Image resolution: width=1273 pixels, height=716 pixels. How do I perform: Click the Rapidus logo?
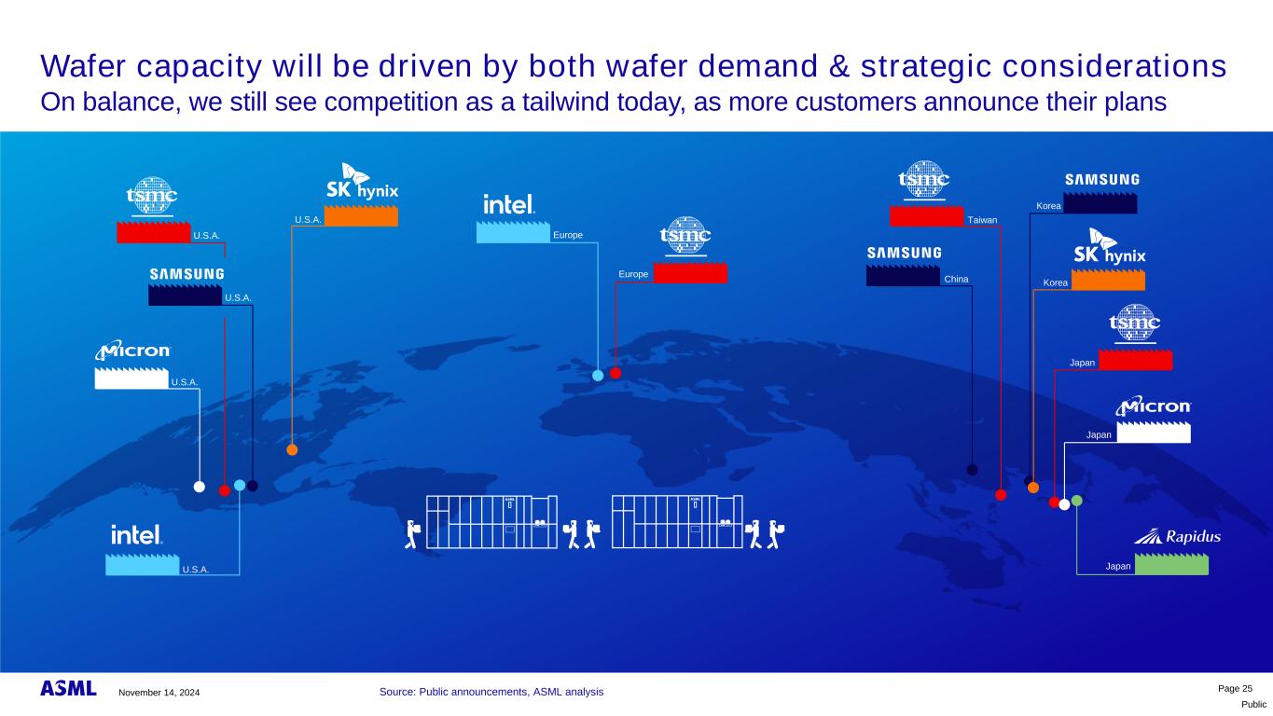coord(1177,536)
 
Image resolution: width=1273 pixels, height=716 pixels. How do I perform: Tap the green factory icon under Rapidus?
coord(1171,564)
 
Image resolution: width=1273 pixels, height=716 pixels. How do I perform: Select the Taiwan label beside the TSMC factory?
coord(982,220)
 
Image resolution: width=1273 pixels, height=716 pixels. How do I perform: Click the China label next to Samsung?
coord(956,279)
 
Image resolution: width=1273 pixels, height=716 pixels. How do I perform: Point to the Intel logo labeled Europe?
coord(508,204)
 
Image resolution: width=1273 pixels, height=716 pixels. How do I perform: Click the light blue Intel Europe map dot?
coord(598,375)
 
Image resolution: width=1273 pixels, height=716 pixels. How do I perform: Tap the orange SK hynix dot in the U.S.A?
coord(292,450)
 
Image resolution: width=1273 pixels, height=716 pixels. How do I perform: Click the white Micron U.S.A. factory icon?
coord(131,379)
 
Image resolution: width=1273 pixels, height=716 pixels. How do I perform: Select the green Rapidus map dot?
coord(1076,501)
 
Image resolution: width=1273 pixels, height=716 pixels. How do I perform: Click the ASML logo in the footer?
coord(68,689)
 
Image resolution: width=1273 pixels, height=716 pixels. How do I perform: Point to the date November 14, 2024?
coord(159,692)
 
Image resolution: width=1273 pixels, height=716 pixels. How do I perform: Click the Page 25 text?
coord(1235,688)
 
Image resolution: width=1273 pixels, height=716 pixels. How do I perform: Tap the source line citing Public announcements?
coord(491,692)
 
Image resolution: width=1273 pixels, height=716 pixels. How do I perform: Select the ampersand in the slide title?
coord(838,66)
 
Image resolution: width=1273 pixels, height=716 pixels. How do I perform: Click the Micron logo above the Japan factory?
coord(1153,406)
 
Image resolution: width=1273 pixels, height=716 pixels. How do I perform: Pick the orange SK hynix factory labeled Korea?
coord(1108,280)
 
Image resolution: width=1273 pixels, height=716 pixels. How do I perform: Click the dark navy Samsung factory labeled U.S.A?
coord(186,295)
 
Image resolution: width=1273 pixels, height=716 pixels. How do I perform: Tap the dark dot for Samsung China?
coord(972,470)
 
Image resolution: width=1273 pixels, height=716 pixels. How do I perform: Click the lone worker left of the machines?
coord(412,534)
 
